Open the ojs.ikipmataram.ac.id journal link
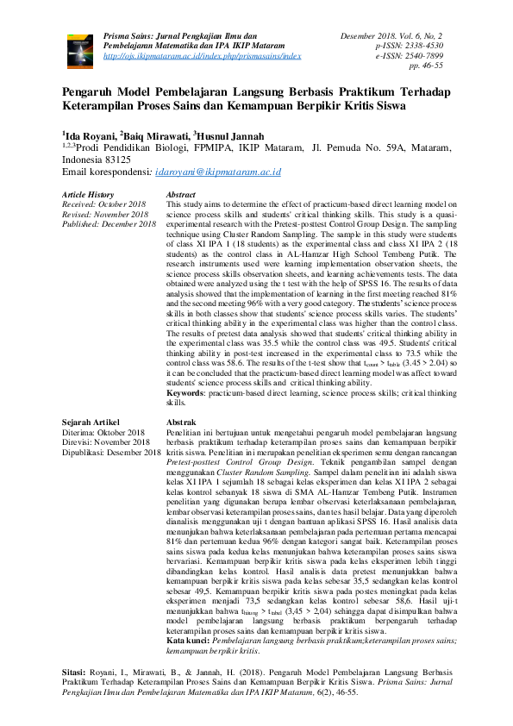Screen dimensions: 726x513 coord(202,54)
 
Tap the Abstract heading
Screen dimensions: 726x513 coord(181,196)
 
